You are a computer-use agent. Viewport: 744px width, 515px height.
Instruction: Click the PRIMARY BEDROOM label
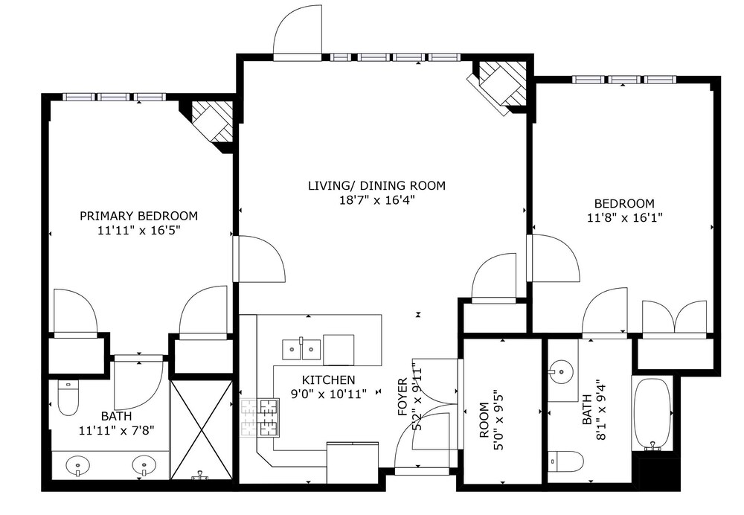coord(138,216)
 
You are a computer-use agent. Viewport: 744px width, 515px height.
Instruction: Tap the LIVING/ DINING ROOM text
coord(376,185)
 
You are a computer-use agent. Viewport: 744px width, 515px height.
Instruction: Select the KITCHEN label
coord(328,380)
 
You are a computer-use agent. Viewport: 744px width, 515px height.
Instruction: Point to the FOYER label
coord(403,397)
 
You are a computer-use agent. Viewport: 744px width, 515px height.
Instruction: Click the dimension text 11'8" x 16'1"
coord(624,218)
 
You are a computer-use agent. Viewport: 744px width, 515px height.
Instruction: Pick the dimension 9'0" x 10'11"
coord(328,394)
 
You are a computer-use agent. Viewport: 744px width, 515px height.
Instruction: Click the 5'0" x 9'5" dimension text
coord(498,420)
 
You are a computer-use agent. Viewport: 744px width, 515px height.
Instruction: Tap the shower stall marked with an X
coord(202,430)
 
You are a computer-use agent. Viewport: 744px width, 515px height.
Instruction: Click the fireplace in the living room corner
coord(499,85)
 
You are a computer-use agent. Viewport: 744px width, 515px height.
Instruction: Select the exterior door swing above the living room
coord(298,31)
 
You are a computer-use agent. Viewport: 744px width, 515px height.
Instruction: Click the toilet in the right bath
coord(565,461)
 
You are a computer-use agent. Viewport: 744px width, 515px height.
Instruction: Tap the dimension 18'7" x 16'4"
coord(376,200)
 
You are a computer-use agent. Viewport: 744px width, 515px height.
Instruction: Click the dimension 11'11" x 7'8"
coord(117,431)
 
